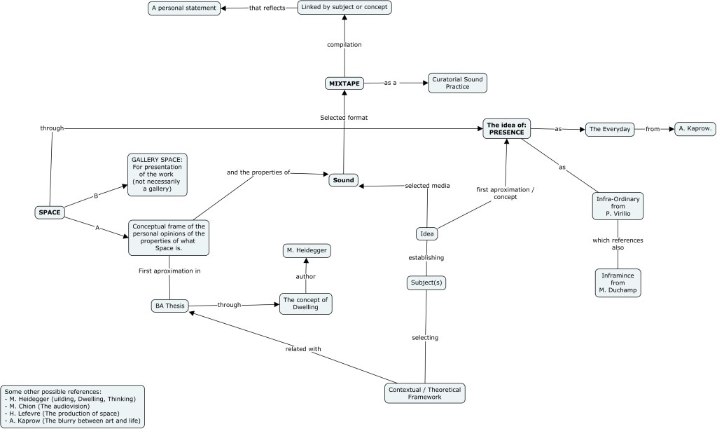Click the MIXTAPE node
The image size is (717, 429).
point(344,83)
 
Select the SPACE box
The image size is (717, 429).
point(50,212)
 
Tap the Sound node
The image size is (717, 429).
point(344,180)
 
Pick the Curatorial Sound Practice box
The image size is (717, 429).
point(457,83)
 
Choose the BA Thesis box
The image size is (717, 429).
point(170,306)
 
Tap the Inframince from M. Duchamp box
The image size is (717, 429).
point(618,282)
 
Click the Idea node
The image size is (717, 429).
point(426,233)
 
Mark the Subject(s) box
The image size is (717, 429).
point(426,283)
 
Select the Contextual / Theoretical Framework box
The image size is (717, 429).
point(424,393)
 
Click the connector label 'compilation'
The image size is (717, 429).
point(344,45)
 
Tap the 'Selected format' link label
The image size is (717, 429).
point(344,118)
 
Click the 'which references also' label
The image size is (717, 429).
point(618,244)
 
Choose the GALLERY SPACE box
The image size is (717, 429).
point(158,175)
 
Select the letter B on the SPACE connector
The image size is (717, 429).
point(97,196)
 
